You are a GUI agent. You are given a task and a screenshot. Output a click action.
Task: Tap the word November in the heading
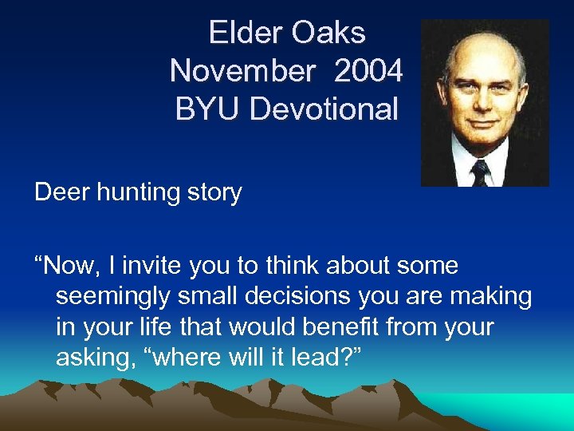pos(242,71)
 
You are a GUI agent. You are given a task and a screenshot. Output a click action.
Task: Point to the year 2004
pos(368,71)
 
